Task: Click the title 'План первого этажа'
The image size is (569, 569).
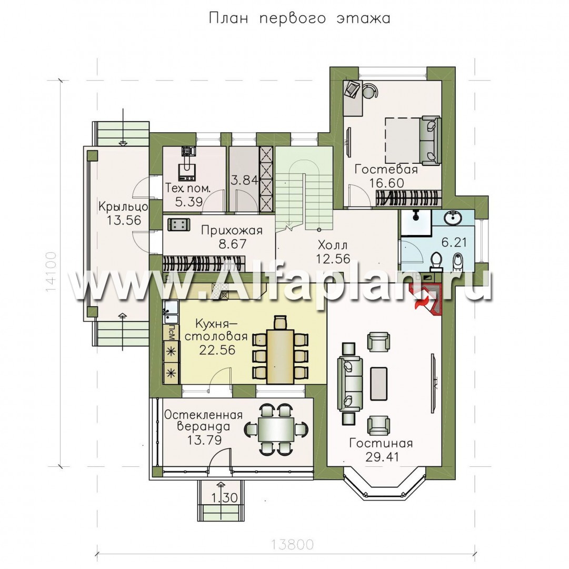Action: [x=300, y=18]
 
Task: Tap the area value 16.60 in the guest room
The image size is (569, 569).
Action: [x=386, y=183]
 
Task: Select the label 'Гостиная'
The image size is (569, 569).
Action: [x=381, y=444]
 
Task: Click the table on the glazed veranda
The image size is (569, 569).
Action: [x=275, y=429]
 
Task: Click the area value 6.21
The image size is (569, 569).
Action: [x=454, y=242]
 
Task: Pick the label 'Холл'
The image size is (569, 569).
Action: [x=333, y=244]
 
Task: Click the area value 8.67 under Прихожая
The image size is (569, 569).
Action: [x=232, y=244]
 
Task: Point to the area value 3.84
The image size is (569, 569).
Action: [x=245, y=180]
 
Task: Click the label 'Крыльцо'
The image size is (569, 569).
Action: [x=123, y=207]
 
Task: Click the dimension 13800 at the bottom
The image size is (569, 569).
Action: [x=292, y=545]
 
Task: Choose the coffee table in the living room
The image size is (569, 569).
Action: [x=378, y=384]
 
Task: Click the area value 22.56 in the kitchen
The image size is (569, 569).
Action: [x=217, y=350]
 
